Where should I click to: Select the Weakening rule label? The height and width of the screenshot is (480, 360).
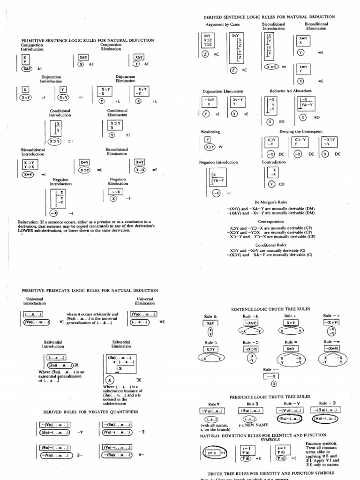210,132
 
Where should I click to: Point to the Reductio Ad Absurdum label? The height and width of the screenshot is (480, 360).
290,90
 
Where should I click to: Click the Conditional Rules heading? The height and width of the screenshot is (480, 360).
272,245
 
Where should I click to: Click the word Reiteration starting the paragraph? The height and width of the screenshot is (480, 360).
28,221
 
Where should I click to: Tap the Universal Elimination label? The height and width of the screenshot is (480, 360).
145,301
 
